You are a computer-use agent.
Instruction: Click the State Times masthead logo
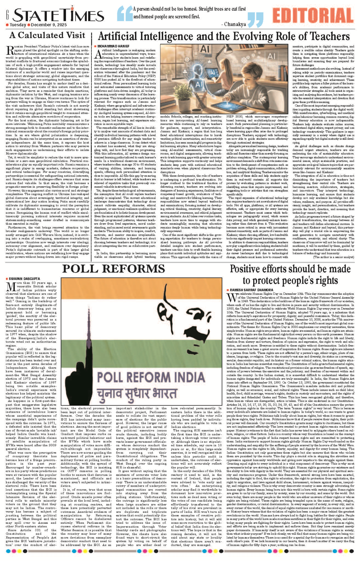click(54, 15)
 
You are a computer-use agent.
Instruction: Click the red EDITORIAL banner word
click(313, 16)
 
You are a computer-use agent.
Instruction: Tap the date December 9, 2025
click(49, 25)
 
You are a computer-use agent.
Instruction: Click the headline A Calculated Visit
click(47, 35)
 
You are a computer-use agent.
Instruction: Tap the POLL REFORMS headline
click(113, 269)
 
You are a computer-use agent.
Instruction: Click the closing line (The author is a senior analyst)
click(334, 257)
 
